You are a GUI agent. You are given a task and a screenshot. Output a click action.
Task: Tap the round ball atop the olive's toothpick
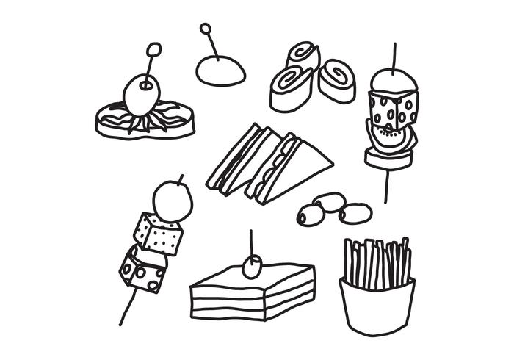click(x=153, y=51)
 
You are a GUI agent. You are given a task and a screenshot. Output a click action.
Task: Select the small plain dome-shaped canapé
click(x=220, y=71)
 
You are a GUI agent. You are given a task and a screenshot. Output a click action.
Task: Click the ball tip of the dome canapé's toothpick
click(x=206, y=29)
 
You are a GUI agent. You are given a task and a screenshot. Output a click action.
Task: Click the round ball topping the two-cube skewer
click(x=173, y=198)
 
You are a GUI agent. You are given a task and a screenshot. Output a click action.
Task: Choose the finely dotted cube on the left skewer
click(x=158, y=233)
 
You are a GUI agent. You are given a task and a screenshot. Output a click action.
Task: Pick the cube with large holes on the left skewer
click(x=142, y=270)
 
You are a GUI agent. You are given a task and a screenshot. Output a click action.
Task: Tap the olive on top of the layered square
click(x=253, y=267)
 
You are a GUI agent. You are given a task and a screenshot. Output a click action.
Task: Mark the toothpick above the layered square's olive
click(x=251, y=242)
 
